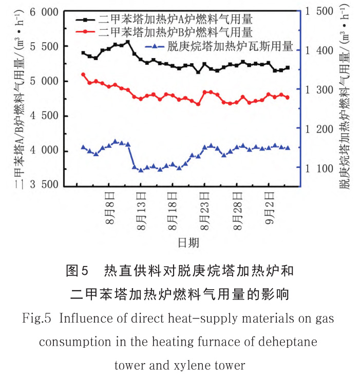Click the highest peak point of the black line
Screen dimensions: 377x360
coord(127,42)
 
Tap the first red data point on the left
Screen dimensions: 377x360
coord(84,74)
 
